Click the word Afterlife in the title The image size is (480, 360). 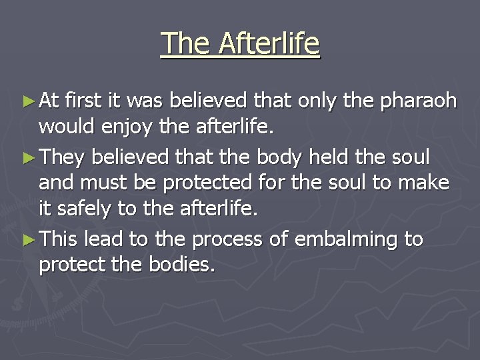click(x=269, y=44)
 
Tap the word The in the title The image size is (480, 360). click(x=186, y=44)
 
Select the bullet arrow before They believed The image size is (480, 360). click(x=27, y=157)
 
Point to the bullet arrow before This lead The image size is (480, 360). click(x=27, y=239)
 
